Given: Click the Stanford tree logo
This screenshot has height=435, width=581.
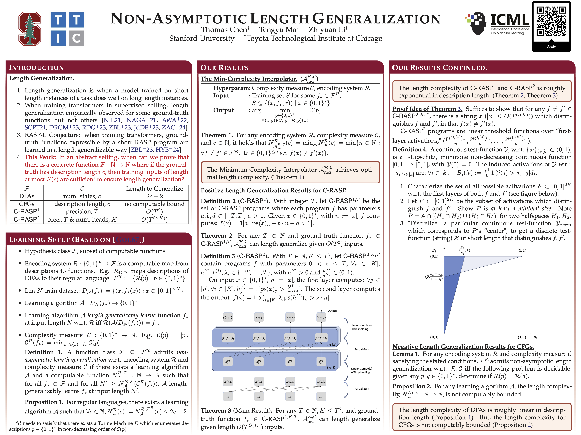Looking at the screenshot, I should tap(30, 29).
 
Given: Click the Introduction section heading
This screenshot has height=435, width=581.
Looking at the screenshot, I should tap(36, 68).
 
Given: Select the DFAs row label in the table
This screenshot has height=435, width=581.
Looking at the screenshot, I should tap(27, 196).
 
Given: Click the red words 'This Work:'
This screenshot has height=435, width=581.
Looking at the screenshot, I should tap(40, 157).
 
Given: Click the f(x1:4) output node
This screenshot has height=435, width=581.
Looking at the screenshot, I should tap(321, 317).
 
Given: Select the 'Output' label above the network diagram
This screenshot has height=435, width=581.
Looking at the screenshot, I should tap(332, 311).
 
